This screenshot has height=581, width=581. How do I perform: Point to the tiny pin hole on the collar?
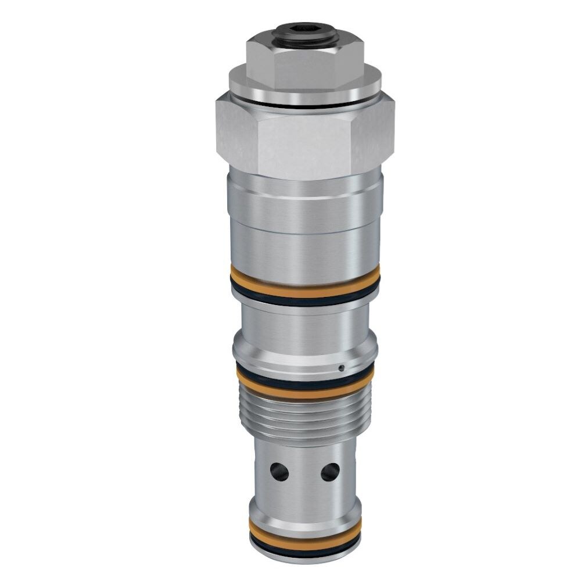(x=342, y=367)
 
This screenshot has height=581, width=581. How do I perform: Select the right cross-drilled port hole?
(x=330, y=470)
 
